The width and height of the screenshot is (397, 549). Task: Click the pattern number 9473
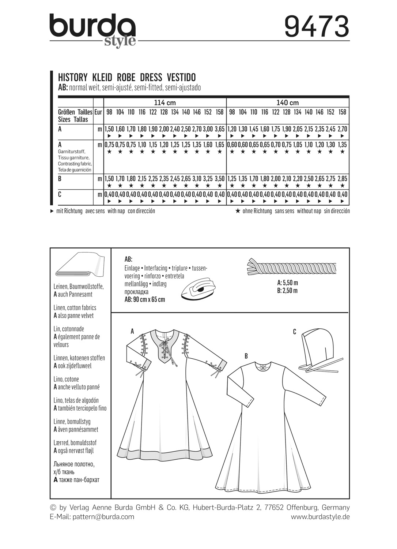click(317, 27)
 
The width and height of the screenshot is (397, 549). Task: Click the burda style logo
click(92, 30)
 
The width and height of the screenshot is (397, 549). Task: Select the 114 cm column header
click(165, 102)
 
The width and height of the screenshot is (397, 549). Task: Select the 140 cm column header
click(288, 102)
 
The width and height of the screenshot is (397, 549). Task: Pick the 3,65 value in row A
click(219, 129)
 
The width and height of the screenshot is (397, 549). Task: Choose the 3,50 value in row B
click(219, 179)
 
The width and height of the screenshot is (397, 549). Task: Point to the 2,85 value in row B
click(342, 179)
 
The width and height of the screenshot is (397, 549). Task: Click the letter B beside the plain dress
click(246, 356)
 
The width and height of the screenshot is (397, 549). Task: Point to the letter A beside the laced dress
click(132, 331)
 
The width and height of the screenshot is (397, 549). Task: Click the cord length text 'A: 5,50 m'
click(288, 283)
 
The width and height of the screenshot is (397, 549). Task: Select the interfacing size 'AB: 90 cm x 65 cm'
click(145, 299)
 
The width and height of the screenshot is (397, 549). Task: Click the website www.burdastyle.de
click(320, 517)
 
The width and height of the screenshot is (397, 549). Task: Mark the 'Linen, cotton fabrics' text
click(75, 308)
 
